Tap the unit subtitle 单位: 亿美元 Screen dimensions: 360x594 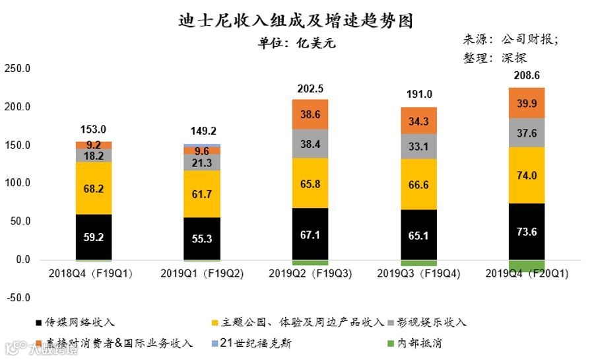coord(296,44)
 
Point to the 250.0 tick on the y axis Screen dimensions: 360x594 coord(17,68)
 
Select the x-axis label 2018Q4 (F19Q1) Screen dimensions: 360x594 coord(92,273)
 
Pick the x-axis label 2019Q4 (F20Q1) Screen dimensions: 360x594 coord(527,273)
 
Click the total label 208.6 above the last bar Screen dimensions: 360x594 coord(527,75)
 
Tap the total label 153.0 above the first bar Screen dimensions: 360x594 coord(93,129)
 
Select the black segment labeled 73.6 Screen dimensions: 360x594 coord(527,231)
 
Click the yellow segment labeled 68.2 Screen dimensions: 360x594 coord(93,188)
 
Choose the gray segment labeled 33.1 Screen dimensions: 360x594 coord(418,146)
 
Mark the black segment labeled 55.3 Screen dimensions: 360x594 coord(202,238)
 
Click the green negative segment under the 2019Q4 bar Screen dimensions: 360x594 coord(527,266)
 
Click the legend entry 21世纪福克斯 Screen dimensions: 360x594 coord(253,343)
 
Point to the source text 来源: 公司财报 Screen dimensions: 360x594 coord(510,39)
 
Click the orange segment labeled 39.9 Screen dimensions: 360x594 coord(527,103)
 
